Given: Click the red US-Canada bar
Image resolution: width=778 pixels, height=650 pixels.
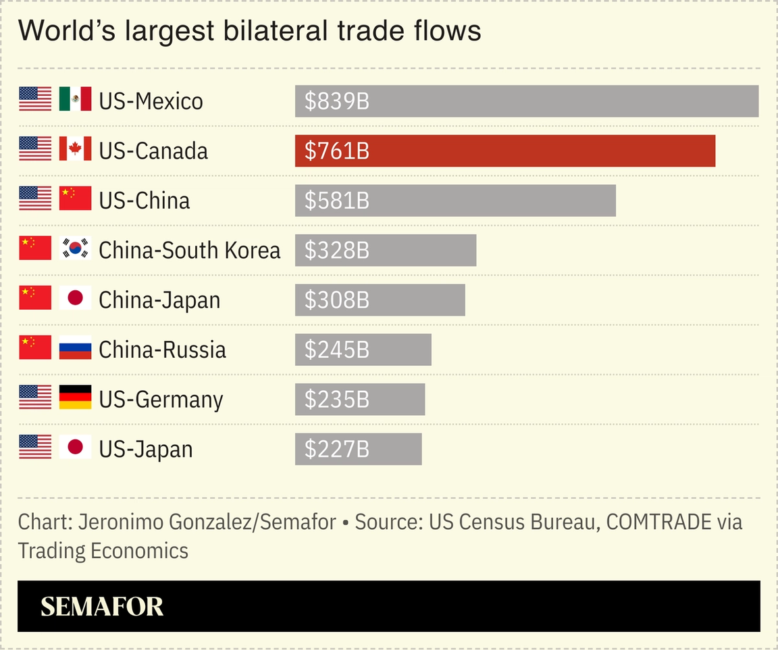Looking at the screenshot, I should pyautogui.click(x=504, y=151).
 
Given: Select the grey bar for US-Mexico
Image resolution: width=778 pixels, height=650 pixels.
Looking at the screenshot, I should pyautogui.click(x=527, y=101).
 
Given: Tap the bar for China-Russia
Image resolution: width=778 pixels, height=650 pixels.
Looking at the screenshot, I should pyautogui.click(x=363, y=350).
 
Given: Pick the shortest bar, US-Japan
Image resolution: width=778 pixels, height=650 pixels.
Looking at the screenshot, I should pyautogui.click(x=358, y=449).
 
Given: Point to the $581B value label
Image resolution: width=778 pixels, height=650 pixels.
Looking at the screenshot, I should pyautogui.click(x=336, y=200).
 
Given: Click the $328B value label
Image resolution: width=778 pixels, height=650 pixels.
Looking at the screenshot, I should pyautogui.click(x=336, y=250).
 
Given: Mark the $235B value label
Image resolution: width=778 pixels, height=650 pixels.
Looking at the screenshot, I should pyautogui.click(x=336, y=400).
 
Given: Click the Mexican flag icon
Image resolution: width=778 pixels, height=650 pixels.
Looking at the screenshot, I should pyautogui.click(x=75, y=99).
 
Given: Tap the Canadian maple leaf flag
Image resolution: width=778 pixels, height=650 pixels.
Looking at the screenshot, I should pyautogui.click(x=75, y=149).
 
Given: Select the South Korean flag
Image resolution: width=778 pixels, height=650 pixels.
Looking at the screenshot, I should pyautogui.click(x=75, y=248).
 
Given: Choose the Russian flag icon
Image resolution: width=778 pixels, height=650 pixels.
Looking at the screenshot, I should pyautogui.click(x=75, y=348).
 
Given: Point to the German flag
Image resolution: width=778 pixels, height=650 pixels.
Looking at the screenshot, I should pyautogui.click(x=75, y=398).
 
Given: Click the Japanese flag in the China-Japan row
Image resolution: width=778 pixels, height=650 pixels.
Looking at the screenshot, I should pyautogui.click(x=75, y=298).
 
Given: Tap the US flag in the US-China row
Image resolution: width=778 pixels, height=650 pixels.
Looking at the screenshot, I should pyautogui.click(x=35, y=198).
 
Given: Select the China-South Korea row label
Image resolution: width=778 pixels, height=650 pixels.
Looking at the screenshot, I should pyautogui.click(x=189, y=250).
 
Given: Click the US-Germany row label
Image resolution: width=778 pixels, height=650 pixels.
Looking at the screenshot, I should pyautogui.click(x=161, y=400).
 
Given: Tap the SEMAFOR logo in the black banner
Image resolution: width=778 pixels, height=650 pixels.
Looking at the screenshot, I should pyautogui.click(x=102, y=607).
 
